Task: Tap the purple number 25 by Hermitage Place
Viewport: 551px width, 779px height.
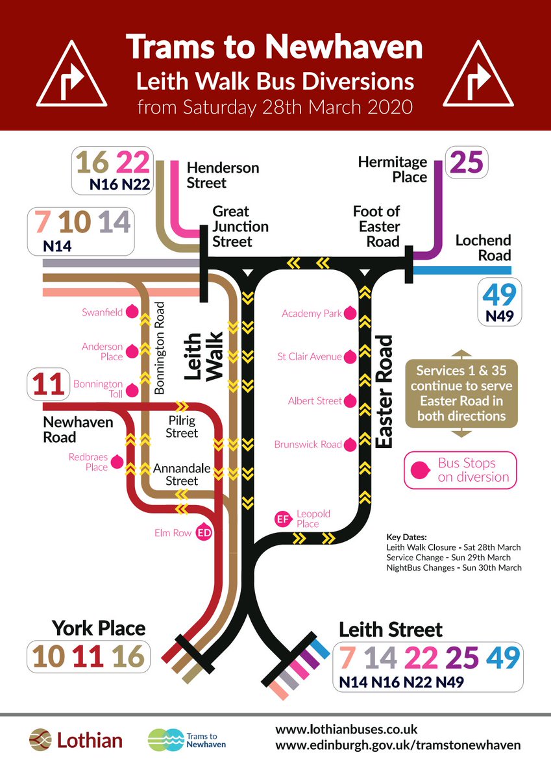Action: pyautogui.click(x=466, y=162)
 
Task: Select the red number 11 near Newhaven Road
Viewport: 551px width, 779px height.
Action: pyautogui.click(x=47, y=384)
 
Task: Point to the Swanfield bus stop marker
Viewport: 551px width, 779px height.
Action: pyautogui.click(x=132, y=312)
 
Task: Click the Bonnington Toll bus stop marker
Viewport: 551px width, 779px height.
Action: pyautogui.click(x=132, y=389)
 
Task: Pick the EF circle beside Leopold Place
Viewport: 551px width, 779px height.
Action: pyautogui.click(x=282, y=519)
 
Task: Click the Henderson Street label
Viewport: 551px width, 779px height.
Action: pyautogui.click(x=223, y=175)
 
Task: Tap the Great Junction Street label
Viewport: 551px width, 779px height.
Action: pyautogui.click(x=232, y=227)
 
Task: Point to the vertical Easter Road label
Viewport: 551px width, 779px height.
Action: pyautogui.click(x=385, y=391)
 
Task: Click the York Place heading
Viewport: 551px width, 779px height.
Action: pyautogui.click(x=99, y=628)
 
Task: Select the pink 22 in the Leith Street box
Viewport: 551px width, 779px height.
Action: pyautogui.click(x=421, y=658)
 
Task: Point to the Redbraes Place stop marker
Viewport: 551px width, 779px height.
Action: pyautogui.click(x=117, y=462)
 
